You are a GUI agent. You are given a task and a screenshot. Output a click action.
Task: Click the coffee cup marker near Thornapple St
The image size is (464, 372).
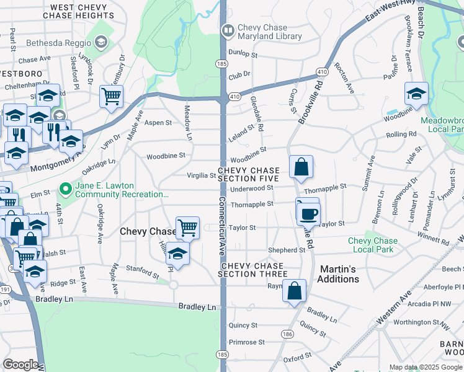pyautogui.click(x=308, y=213)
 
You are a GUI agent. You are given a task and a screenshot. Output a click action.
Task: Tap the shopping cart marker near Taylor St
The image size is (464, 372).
pyautogui.click(x=187, y=228)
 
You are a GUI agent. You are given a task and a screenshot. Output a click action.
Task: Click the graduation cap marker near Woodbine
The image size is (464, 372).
pyautogui.click(x=416, y=94)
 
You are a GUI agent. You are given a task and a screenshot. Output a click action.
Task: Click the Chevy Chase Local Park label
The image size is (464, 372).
pyautogui.click(x=372, y=246)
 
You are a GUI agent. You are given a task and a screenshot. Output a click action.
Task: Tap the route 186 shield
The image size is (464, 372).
pyautogui.click(x=287, y=334)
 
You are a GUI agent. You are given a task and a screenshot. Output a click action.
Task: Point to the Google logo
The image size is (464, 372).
pyautogui.click(x=20, y=364)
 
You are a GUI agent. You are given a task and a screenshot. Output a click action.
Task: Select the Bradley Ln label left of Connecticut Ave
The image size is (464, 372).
pyautogui.click(x=197, y=307)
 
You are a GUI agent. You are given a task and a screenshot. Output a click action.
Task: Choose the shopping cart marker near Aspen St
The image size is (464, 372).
pyautogui.click(x=111, y=96)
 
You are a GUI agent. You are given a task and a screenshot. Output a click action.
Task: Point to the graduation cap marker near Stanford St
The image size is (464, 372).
pyautogui.click(x=177, y=254)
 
